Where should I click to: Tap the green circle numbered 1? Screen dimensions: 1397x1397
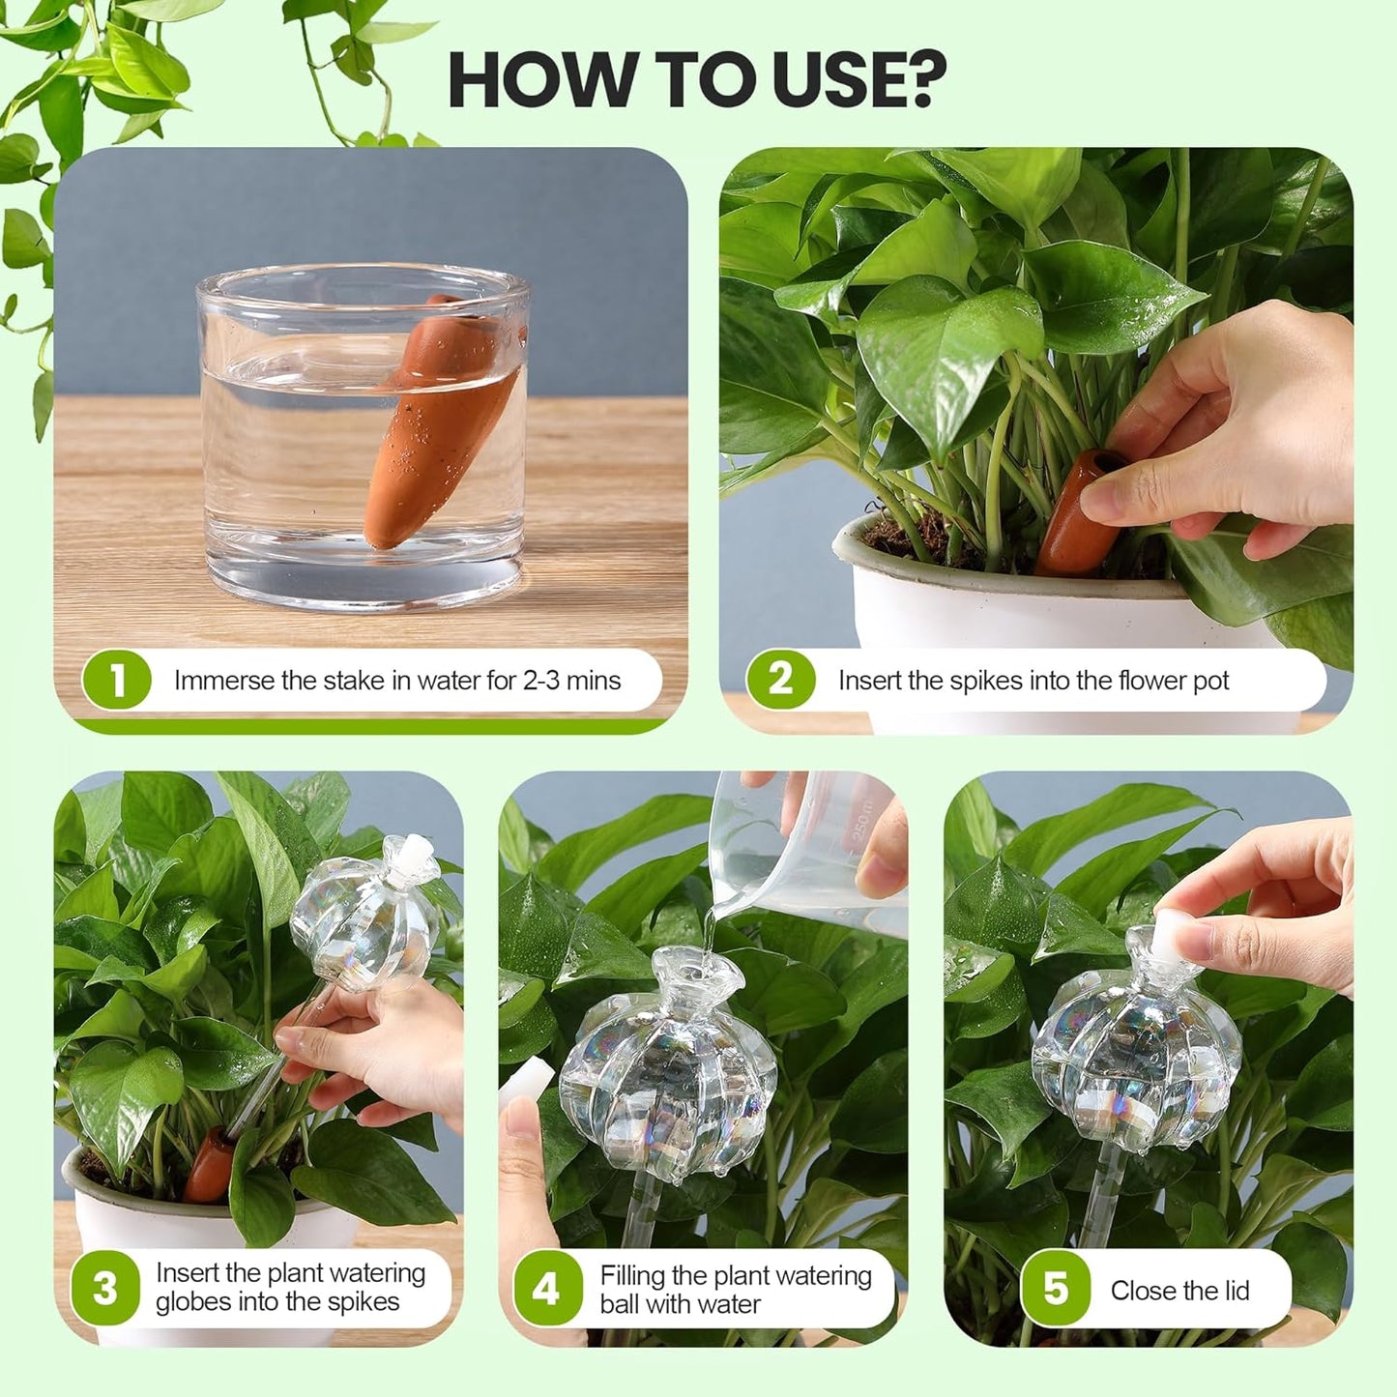pos(117,681)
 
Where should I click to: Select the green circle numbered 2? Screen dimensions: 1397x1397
pos(781,681)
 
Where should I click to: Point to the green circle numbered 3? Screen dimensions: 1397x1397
pos(105,1289)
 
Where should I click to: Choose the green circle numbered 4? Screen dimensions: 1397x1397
pos(546,1289)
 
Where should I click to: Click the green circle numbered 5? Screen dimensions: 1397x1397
pos(1056,1289)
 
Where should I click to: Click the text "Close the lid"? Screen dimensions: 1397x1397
pos(1179,1291)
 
